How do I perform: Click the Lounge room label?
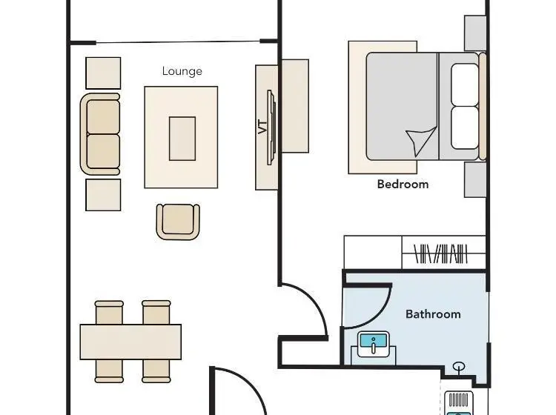click(x=182, y=71)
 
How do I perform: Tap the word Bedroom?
click(x=403, y=185)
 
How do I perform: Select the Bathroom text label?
click(x=433, y=314)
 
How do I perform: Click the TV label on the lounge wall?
click(x=262, y=127)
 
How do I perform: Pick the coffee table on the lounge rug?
click(x=182, y=139)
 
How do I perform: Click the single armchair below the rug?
click(x=178, y=222)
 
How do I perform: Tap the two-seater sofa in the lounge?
click(x=100, y=134)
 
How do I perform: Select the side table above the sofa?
click(x=103, y=73)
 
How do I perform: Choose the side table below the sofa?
click(x=103, y=195)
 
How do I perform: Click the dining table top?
click(x=130, y=342)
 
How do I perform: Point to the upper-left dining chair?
click(x=109, y=313)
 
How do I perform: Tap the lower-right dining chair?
click(x=156, y=371)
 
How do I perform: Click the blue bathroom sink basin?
click(x=374, y=342)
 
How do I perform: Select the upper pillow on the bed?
click(x=465, y=84)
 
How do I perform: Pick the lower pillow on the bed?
click(x=465, y=128)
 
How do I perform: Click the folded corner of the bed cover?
click(x=422, y=140)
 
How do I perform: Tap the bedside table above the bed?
click(x=475, y=33)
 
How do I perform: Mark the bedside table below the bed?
click(x=475, y=179)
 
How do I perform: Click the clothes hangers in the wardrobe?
click(x=441, y=253)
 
